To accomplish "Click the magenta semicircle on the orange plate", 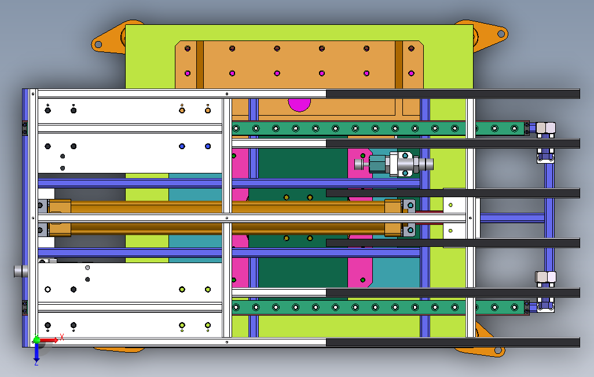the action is [299, 104].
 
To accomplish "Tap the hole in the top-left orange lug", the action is [98, 44].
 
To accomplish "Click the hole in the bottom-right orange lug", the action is [497, 349].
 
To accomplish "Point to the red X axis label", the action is [61, 337].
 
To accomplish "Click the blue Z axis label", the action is [36, 363].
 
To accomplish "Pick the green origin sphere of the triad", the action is [37, 340].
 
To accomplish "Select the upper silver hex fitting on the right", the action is [545, 128].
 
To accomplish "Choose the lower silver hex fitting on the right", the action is [545, 278].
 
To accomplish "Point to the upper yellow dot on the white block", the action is [450, 205].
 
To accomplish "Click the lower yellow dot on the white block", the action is [450, 231].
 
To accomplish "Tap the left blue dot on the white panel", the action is [182, 146].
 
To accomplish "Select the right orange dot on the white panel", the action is [208, 110].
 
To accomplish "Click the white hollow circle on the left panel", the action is [48, 289].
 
